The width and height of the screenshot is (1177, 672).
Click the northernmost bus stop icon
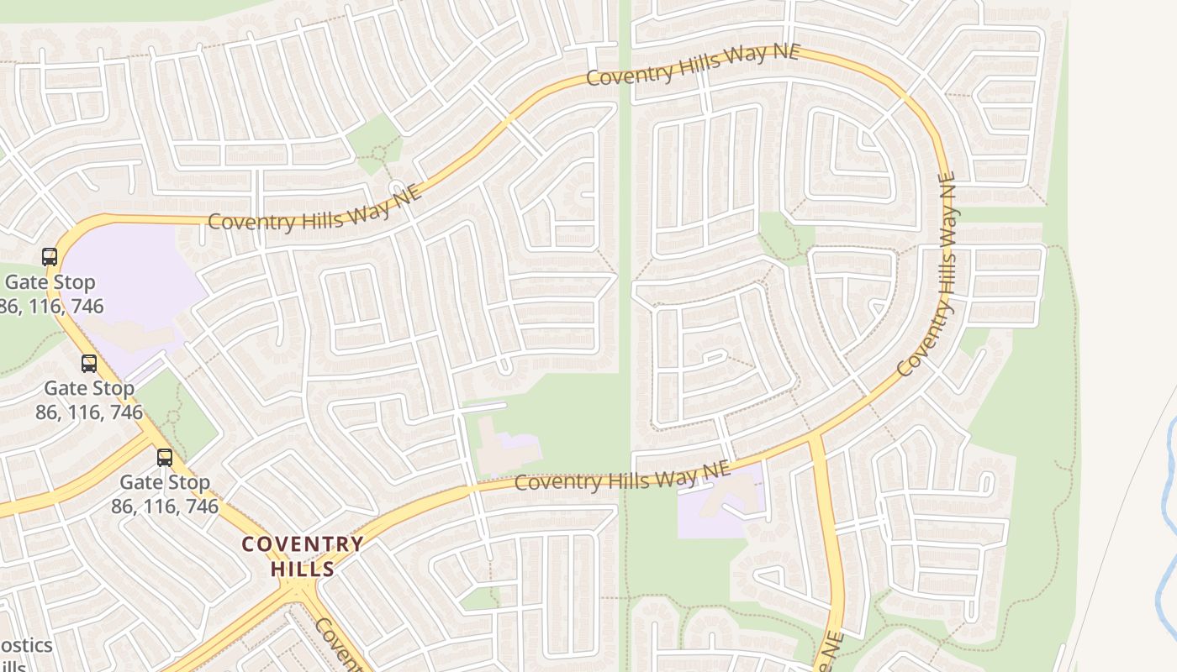tap(50, 257)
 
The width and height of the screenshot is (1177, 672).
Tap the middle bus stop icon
tap(89, 364)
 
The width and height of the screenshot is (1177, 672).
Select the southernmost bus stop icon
tap(165, 458)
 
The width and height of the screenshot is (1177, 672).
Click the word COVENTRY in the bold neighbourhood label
tap(303, 544)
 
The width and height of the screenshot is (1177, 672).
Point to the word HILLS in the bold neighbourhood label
tap(303, 569)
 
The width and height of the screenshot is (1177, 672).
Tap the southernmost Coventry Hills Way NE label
tap(622, 477)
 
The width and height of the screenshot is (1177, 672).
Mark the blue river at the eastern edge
tap(1169, 521)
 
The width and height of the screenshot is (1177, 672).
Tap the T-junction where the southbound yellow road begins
tap(814, 438)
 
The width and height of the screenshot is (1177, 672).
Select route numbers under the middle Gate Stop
tap(89, 412)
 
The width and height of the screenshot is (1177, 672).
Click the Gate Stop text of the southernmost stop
tap(165, 483)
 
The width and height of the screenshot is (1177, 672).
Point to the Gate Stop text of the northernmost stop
tap(50, 282)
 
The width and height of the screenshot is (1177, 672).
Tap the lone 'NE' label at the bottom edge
tap(830, 651)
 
